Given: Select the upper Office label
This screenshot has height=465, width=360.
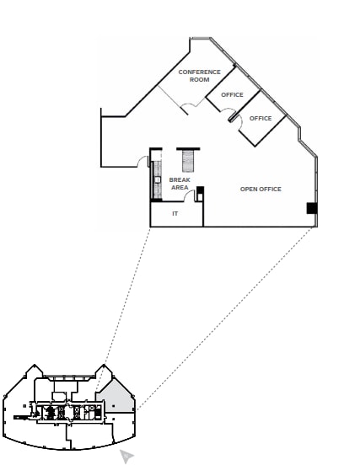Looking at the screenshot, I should (232, 94).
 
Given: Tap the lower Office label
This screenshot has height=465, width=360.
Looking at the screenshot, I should (261, 118).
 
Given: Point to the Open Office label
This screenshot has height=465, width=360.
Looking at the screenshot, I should (261, 189).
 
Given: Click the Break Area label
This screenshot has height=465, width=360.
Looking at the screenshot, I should (180, 183).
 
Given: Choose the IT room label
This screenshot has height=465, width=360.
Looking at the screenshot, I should (175, 213).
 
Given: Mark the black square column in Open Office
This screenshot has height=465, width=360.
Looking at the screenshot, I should (311, 208).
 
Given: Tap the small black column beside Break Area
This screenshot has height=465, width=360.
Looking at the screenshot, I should (200, 190).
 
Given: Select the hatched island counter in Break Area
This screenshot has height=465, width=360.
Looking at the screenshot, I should (187, 160).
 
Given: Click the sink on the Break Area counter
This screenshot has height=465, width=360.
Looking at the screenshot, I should (158, 179).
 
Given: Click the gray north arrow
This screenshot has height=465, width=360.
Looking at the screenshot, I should (126, 456).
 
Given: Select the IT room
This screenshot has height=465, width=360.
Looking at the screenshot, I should (176, 216).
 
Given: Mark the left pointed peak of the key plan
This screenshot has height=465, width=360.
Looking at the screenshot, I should (34, 368).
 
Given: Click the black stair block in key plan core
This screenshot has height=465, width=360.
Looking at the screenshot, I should (50, 413).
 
